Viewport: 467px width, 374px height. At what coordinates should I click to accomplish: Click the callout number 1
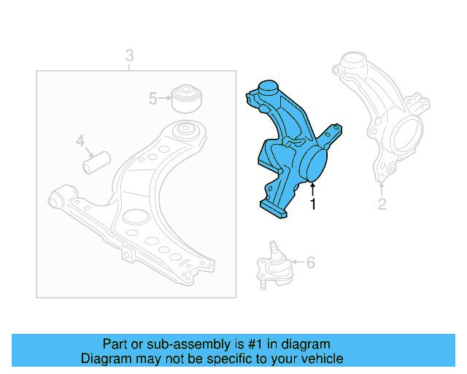point(314,204)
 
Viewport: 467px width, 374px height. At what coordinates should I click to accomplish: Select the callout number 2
point(382,204)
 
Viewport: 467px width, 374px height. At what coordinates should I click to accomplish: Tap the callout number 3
point(129,55)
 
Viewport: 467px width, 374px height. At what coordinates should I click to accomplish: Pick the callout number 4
point(80,140)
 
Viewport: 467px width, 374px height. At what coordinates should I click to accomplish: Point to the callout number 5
point(153,98)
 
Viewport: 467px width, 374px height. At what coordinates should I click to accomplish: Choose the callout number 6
point(310,262)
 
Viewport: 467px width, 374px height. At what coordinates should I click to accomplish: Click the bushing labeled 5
point(186,96)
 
